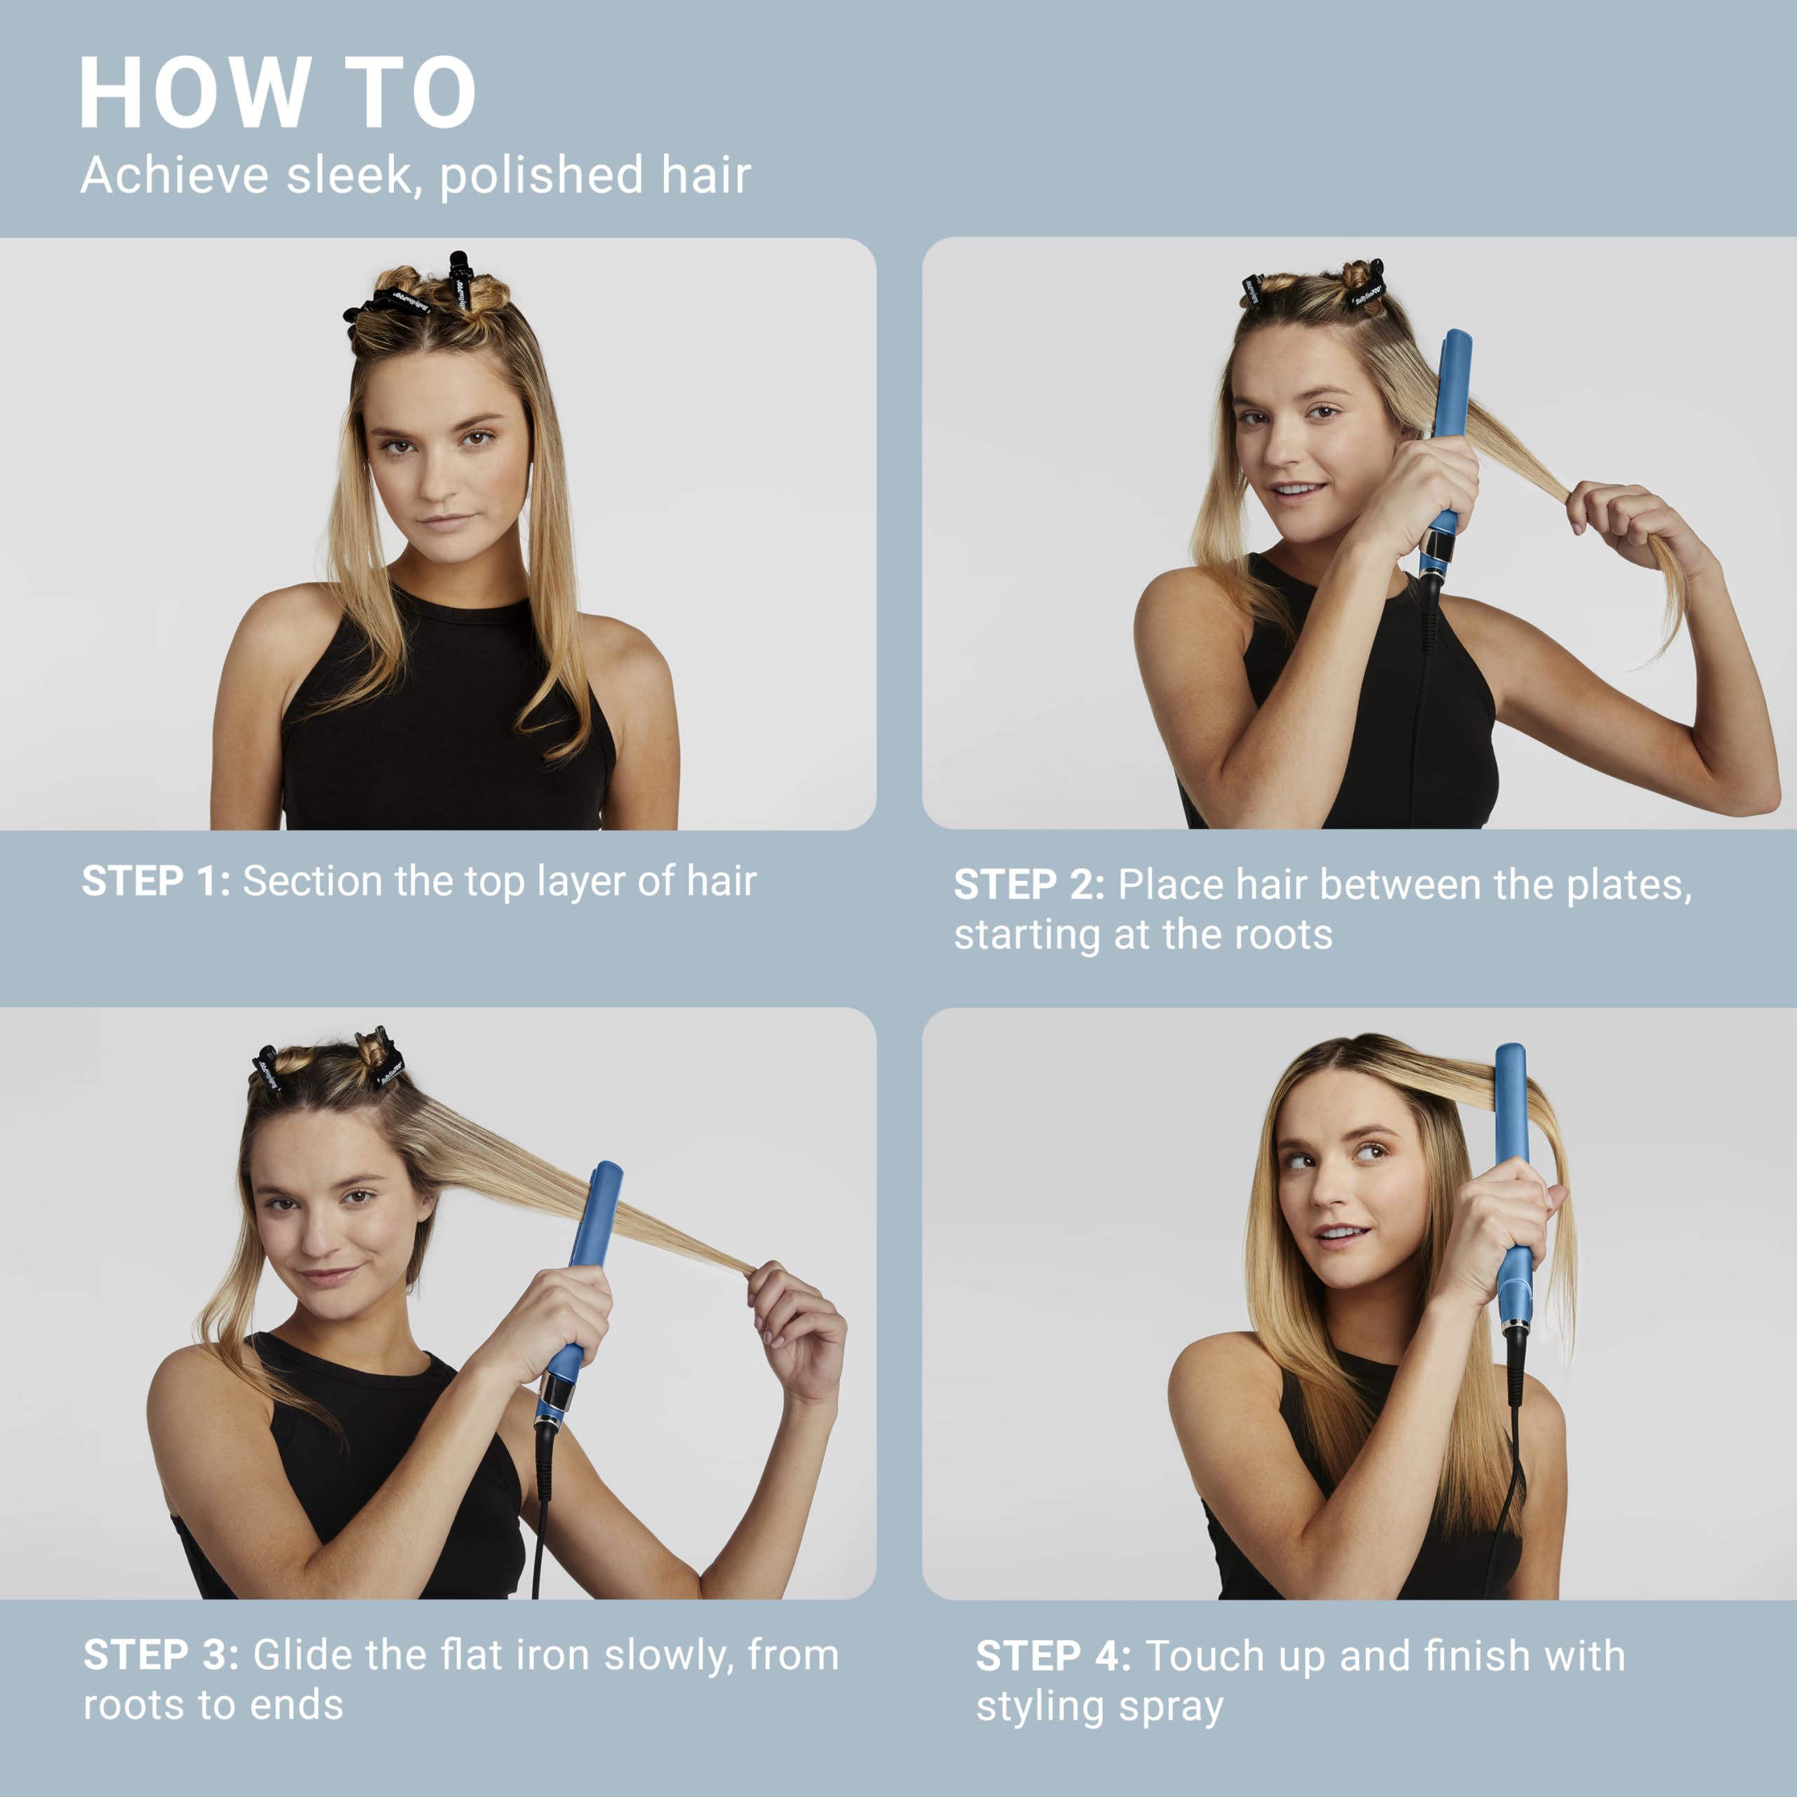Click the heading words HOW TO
tap(277, 93)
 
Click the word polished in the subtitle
tap(541, 175)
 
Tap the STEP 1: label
tap(155, 882)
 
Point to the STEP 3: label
tap(161, 1655)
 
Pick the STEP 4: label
tap(1053, 1656)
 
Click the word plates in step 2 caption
tap(1628, 884)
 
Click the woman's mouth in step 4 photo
tap(1340, 1234)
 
